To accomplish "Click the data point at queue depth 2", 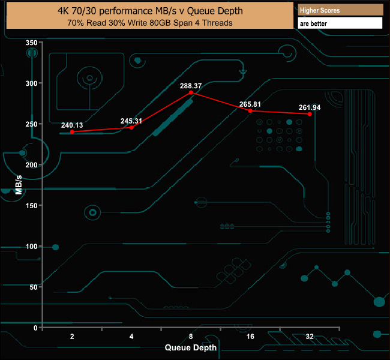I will tap(72, 132).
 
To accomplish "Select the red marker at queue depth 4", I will tap(131, 127).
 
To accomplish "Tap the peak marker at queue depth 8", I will tap(191, 92).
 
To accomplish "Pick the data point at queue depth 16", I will tap(250, 110).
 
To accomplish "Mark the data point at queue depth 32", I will tap(310, 113).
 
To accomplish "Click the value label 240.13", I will tap(72, 125).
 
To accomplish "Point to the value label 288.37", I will tap(191, 86).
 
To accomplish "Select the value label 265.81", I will tap(250, 104).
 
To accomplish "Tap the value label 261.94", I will tap(310, 107).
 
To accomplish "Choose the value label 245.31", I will tap(131, 121).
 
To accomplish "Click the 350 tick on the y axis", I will tap(32, 43).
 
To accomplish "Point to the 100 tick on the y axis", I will tap(32, 246).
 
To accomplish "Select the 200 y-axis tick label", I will tap(32, 164).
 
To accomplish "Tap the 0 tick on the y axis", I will tap(36, 328).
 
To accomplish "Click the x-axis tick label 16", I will tap(250, 337).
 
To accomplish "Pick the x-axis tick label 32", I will tap(310, 337).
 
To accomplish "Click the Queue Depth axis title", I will tap(191, 347).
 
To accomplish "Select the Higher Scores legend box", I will tap(340, 10).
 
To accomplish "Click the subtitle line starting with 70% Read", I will tap(150, 23).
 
